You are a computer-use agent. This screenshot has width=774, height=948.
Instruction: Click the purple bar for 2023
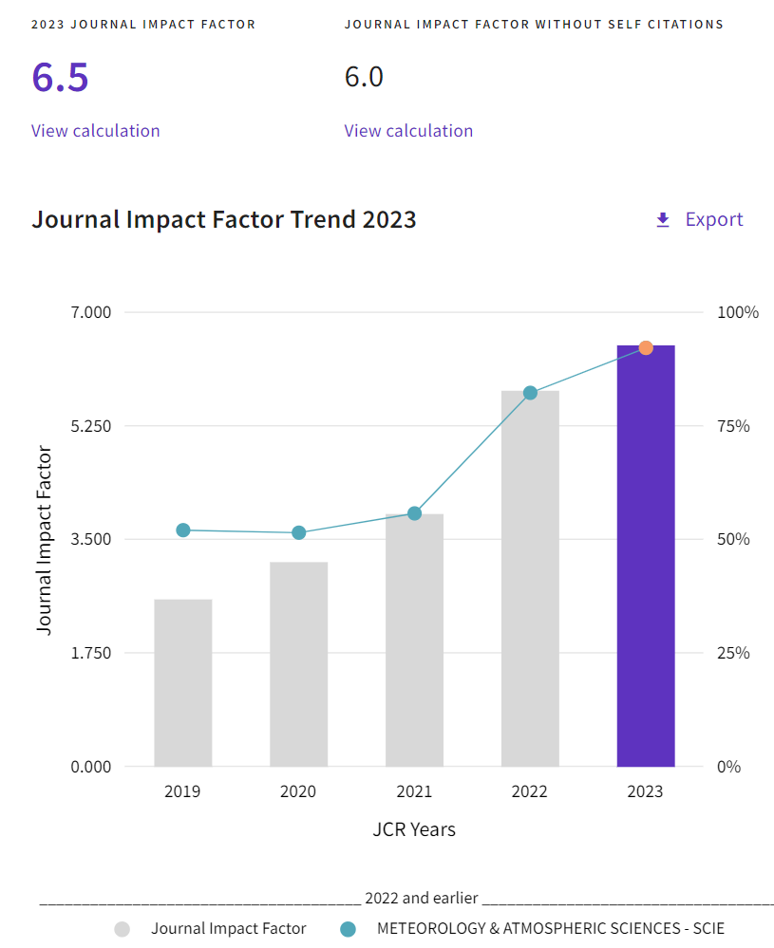click(x=646, y=569)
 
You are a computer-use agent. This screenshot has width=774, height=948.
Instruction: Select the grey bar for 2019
click(x=183, y=683)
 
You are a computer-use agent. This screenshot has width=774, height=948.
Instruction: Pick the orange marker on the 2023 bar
click(x=646, y=348)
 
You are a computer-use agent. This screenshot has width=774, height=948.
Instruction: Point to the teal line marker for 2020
click(x=299, y=532)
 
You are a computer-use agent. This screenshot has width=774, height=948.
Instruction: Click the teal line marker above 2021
click(x=414, y=513)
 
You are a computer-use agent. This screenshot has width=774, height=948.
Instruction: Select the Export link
click(x=713, y=219)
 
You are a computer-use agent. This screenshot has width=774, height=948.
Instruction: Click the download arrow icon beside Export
click(x=663, y=220)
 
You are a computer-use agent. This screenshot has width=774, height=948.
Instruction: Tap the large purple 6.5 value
click(x=60, y=77)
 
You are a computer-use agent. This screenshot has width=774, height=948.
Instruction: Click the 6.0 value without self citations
click(x=364, y=77)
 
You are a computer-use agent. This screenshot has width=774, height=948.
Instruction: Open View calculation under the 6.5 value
click(x=95, y=131)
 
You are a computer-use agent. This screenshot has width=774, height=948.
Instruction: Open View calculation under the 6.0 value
click(x=408, y=131)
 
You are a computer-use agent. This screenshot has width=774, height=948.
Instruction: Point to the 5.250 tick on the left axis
click(x=91, y=426)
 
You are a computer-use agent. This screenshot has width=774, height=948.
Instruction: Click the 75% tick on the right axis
click(x=732, y=426)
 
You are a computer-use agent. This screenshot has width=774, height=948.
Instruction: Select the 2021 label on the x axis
click(x=414, y=791)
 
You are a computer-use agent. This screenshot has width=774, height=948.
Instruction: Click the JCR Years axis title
click(x=414, y=829)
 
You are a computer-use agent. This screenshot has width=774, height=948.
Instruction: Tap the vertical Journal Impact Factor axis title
click(x=45, y=539)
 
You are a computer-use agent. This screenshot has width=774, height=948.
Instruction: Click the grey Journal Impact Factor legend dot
click(x=123, y=929)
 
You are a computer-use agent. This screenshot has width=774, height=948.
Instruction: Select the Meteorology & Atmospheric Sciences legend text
click(x=551, y=929)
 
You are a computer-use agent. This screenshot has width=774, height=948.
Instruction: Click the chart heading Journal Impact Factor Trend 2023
click(x=224, y=219)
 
